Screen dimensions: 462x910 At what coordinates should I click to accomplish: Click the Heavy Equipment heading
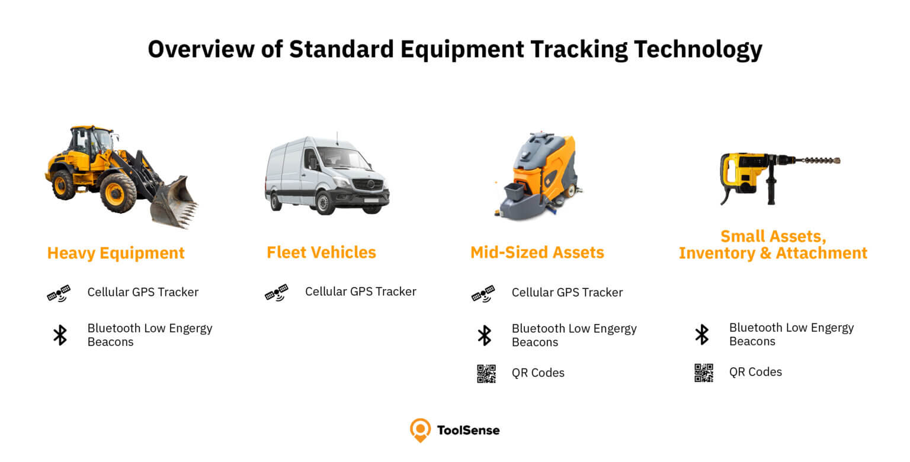tap(116, 253)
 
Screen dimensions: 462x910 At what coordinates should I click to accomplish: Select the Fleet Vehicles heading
tap(321, 252)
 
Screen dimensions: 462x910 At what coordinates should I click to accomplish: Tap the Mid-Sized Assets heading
tap(537, 252)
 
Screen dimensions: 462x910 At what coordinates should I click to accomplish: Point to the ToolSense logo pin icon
tap(420, 430)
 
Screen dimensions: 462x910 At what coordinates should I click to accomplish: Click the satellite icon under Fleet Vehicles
tap(277, 292)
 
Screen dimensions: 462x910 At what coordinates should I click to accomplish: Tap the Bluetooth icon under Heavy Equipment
tap(60, 335)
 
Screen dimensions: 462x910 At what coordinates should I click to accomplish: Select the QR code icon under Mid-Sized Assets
tap(486, 373)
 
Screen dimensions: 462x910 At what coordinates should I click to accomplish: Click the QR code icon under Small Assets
tap(704, 373)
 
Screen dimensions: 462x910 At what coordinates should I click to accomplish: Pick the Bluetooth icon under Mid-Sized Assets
tap(485, 335)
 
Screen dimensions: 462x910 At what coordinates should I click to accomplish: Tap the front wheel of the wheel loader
tap(118, 192)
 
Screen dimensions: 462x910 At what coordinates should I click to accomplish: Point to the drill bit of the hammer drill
tap(818, 161)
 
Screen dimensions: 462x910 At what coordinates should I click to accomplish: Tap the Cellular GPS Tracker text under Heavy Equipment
tap(143, 292)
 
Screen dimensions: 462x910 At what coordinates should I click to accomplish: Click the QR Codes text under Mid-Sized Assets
tap(538, 373)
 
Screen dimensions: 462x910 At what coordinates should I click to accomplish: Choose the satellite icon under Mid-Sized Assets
tap(483, 293)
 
